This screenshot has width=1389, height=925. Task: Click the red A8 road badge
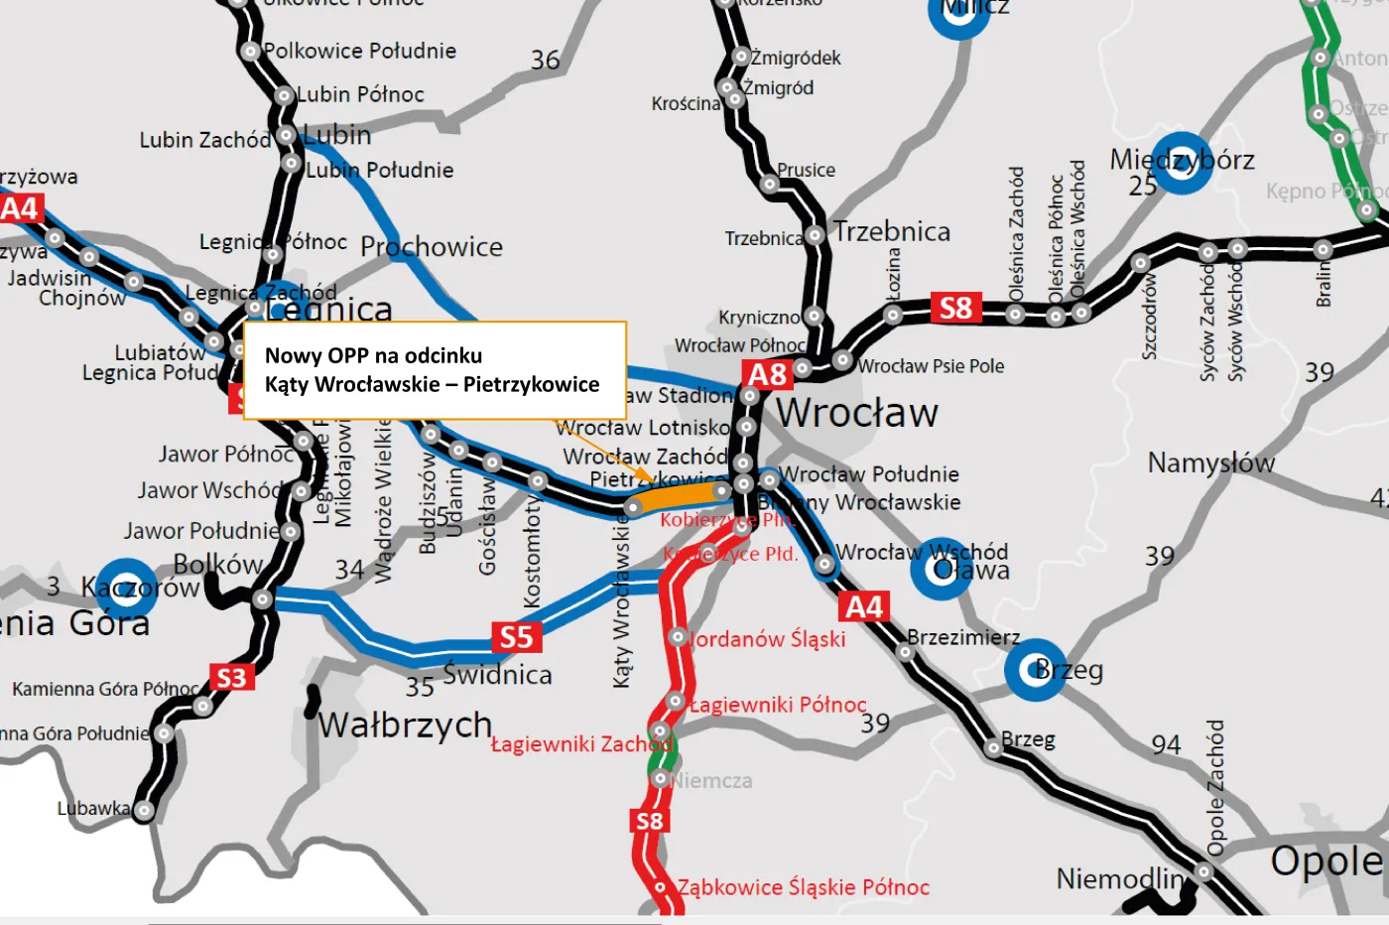[x=767, y=375]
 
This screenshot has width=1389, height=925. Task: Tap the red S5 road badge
[x=516, y=637]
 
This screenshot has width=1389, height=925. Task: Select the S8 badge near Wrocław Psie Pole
[x=955, y=309]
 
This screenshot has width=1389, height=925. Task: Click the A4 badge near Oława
[x=863, y=606]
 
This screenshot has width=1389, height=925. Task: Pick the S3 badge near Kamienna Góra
[x=231, y=678]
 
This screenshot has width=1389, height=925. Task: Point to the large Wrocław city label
[x=857, y=413]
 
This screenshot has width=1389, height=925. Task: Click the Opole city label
[x=1326, y=861]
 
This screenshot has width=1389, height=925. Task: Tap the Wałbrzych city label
[x=405, y=726]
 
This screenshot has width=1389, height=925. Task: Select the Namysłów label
[x=1210, y=462]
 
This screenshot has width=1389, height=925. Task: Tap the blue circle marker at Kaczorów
[x=126, y=588]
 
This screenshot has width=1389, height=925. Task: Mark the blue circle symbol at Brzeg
[x=1035, y=670]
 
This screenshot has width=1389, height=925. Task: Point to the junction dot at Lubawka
[x=144, y=811]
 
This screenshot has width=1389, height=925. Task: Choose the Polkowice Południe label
[x=359, y=51]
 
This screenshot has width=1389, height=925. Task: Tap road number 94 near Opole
[x=1166, y=744]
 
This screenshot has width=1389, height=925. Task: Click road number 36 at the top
[x=545, y=61]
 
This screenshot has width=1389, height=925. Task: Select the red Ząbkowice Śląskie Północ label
[x=804, y=887]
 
